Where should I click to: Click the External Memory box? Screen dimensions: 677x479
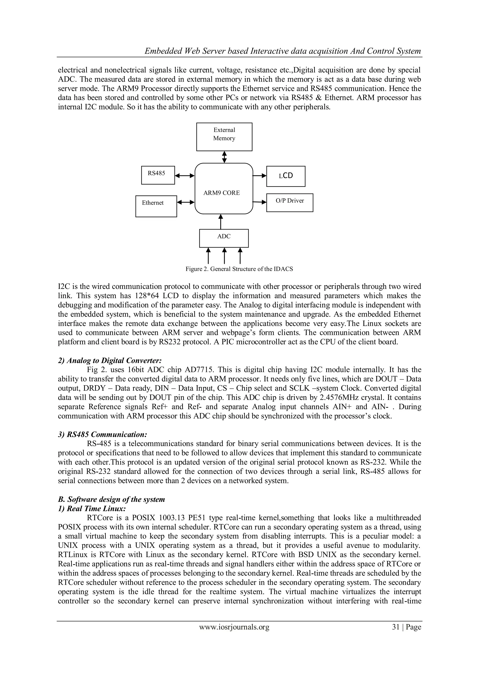tap(224, 137)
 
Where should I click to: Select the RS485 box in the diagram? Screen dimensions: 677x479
tap(158, 175)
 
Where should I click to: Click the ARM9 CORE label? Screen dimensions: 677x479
tap(221, 193)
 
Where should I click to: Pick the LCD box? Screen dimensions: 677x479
tap(286, 176)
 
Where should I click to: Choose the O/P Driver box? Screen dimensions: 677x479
tap(289, 202)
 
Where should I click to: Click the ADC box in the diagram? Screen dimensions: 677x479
tap(224, 238)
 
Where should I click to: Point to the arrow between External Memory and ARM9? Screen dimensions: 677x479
tap(224, 157)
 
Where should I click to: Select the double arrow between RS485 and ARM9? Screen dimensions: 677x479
tap(185, 176)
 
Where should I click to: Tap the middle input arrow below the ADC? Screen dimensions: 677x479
tap(224, 255)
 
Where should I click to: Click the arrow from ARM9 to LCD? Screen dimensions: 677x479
tap(260, 176)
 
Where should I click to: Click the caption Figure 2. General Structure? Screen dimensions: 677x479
tap(239, 269)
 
